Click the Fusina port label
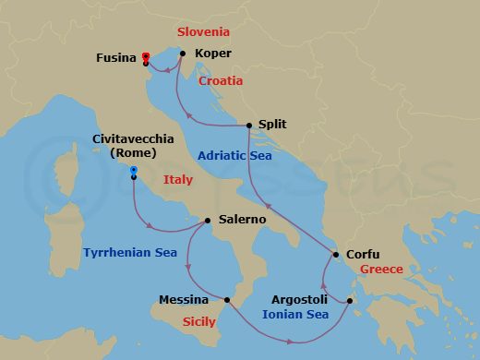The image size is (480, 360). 117,58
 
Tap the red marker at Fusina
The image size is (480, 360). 146,58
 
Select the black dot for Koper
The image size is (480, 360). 182,54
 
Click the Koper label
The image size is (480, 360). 213,54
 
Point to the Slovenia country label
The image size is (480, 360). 203,31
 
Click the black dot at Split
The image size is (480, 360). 250,125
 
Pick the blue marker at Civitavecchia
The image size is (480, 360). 135,172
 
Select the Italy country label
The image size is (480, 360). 178,180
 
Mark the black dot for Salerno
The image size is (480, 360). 207,220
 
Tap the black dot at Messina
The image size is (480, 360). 227,299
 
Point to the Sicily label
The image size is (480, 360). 198,321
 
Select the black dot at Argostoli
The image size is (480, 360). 351,301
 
